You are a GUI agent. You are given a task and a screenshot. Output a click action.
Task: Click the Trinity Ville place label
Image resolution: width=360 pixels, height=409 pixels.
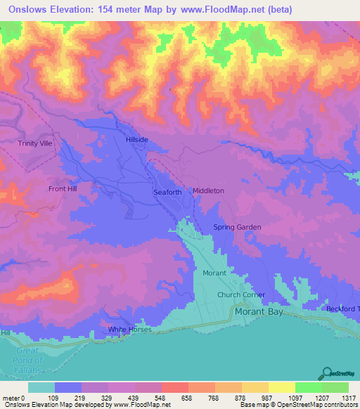pos(36,143)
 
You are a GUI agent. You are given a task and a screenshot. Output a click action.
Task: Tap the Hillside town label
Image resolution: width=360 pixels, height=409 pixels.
pos(137,140)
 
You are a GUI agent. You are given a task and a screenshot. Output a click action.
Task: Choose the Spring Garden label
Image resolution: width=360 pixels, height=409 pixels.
pos(237,227)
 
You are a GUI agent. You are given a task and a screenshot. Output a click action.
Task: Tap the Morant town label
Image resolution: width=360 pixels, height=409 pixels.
pos(215,273)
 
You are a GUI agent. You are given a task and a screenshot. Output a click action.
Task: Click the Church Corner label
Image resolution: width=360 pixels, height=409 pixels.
pos(241,294)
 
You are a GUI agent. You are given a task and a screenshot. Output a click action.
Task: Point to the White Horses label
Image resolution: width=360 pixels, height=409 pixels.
pos(129,330)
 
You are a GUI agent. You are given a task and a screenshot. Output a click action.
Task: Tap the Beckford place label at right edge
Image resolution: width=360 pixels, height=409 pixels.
pos(342,309)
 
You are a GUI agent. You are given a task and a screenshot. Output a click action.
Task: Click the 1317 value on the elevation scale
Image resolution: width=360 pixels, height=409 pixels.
pos(349,398)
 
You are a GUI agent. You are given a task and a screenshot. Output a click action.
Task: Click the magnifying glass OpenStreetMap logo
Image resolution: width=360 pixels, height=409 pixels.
pos(327,372)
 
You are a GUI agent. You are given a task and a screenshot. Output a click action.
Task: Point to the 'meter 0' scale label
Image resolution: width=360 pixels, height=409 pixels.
pos(14,398)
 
